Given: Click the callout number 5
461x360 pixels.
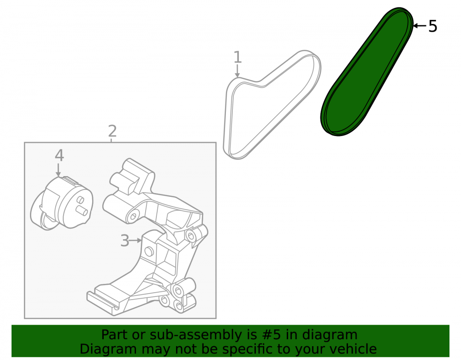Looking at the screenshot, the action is [x=433, y=26].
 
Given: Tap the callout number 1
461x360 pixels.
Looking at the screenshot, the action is [x=237, y=57].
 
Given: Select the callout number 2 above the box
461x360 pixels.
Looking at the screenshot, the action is [x=112, y=131].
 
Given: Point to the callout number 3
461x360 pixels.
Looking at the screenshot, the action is [x=124, y=241].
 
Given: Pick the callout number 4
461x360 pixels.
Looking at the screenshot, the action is [x=59, y=155].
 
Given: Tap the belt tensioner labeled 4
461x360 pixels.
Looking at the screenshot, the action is [x=62, y=203].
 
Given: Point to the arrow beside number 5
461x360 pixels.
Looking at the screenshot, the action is [x=420, y=26].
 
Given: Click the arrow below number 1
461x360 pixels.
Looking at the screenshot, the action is [x=237, y=71].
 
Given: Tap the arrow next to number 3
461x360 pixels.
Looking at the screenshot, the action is [x=136, y=241].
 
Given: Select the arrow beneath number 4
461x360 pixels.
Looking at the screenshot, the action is [x=59, y=170].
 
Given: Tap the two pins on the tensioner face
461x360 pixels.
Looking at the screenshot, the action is [x=81, y=205].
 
